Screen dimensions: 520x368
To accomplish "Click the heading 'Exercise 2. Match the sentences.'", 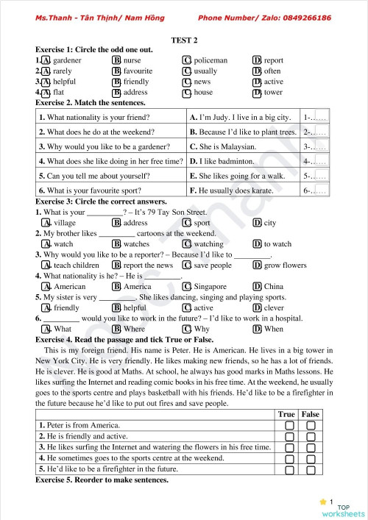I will pyautogui.click(x=91, y=103).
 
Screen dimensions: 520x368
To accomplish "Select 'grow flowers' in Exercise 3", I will pyautogui.click(x=285, y=265).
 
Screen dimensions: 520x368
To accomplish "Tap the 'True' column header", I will pyautogui.click(x=286, y=414).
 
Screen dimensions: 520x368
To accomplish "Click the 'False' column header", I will pyautogui.click(x=311, y=414).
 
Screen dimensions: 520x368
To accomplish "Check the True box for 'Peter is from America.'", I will pyautogui.click(x=289, y=425).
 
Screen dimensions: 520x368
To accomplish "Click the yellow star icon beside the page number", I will pyautogui.click(x=322, y=501).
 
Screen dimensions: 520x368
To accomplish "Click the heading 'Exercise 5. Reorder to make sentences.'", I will pyautogui.click(x=102, y=480).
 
